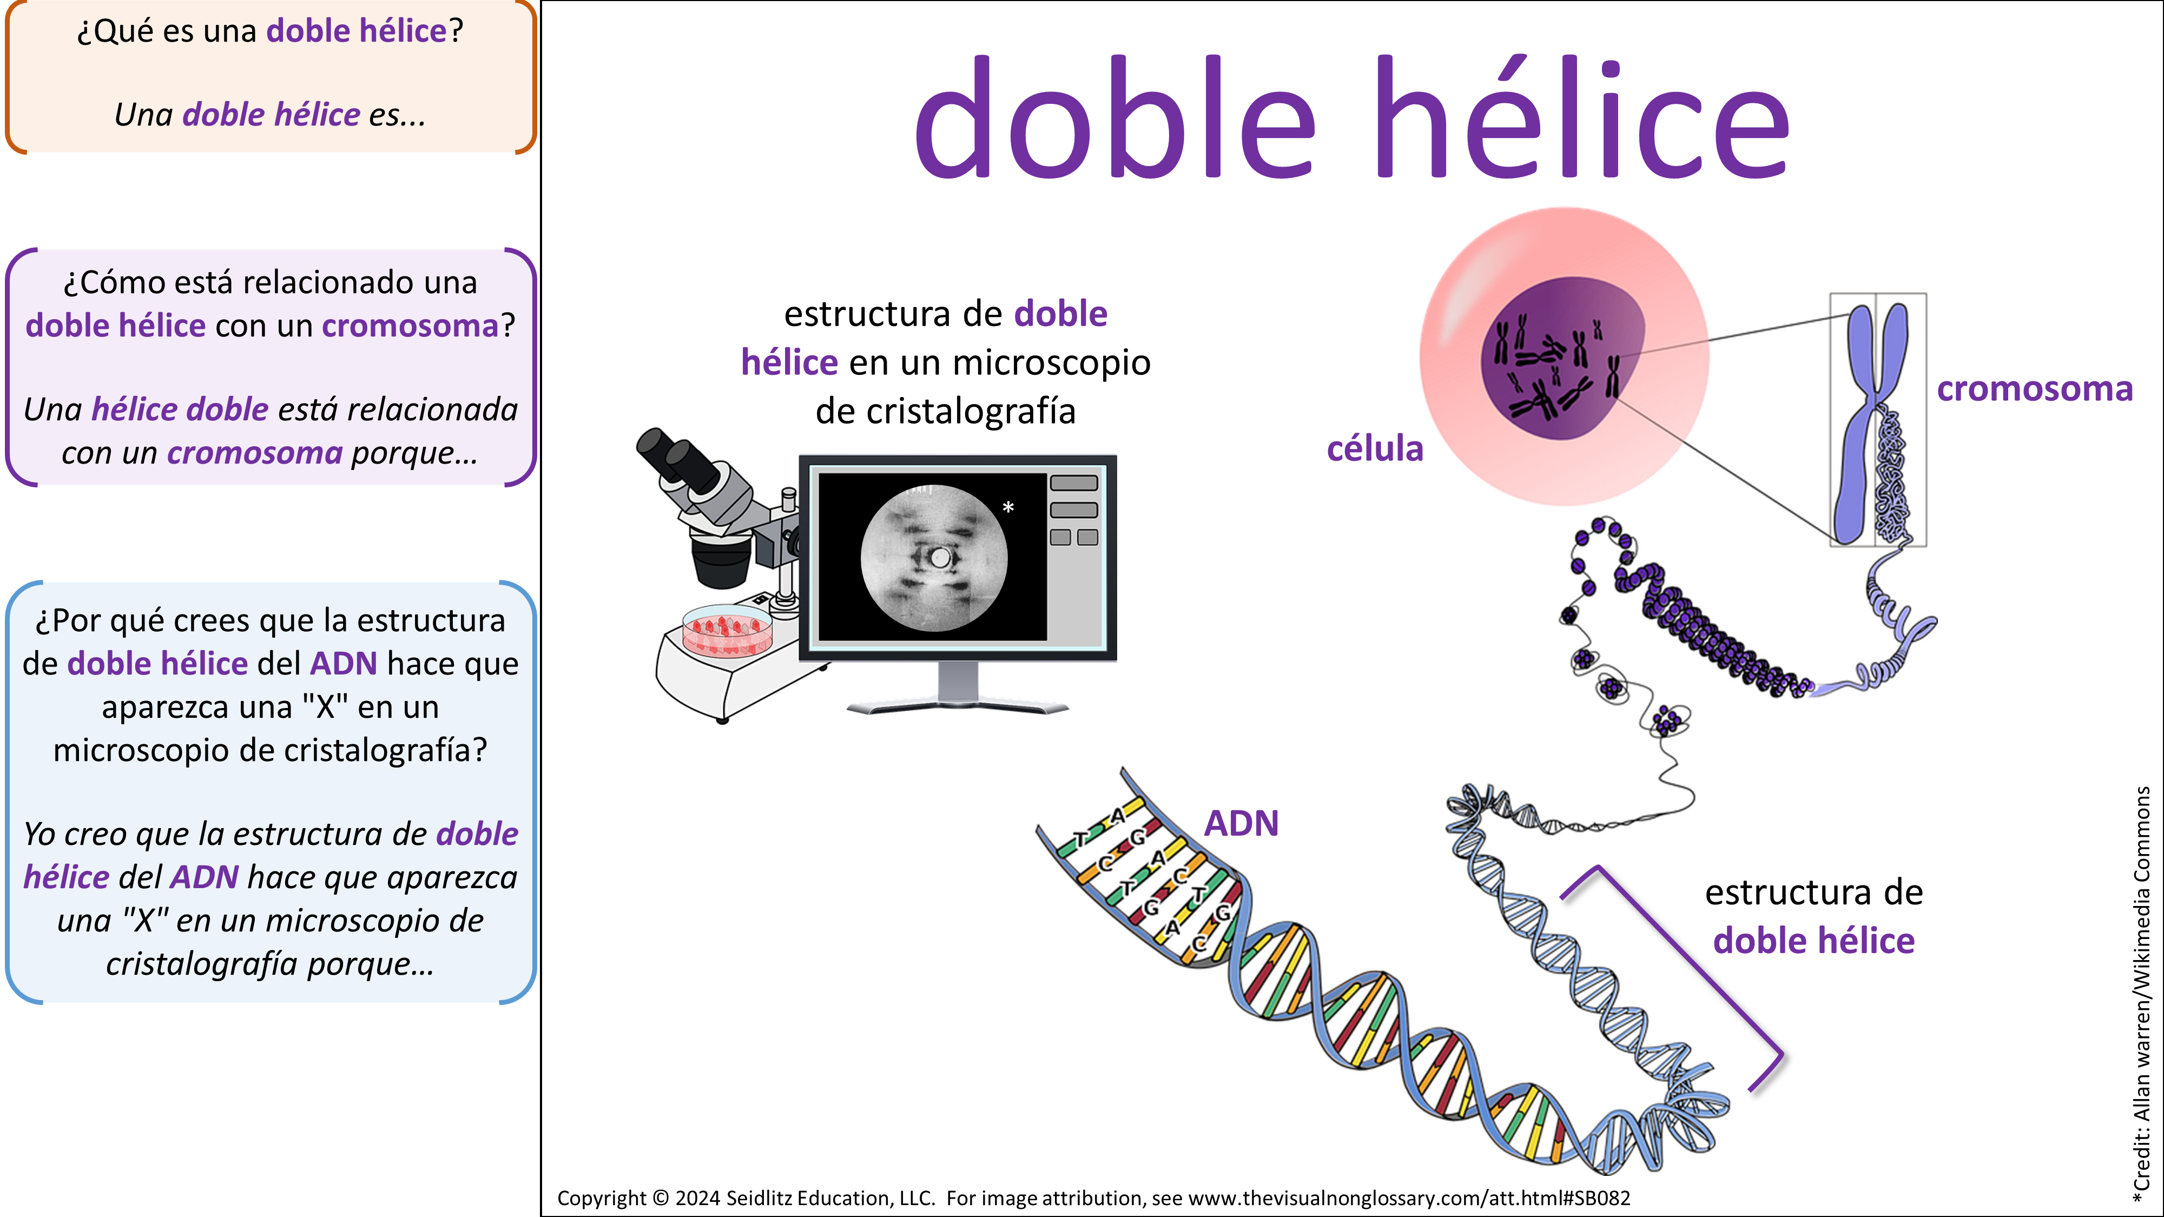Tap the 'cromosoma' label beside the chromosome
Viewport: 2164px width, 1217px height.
2035,389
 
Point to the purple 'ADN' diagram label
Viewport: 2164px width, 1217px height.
1242,823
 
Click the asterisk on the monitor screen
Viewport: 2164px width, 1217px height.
1008,507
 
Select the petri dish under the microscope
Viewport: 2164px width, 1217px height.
727,630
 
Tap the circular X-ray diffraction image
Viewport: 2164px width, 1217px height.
934,558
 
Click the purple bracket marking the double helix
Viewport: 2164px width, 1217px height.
1688,957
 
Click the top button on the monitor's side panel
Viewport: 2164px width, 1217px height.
1073,483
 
